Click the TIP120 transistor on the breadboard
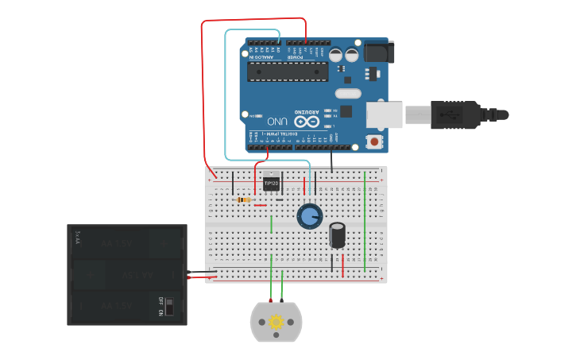pyautogui.click(x=271, y=184)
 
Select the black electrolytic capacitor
pyautogui.click(x=338, y=235)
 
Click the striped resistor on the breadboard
pyautogui.click(x=244, y=199)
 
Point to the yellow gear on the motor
pyautogui.click(x=276, y=322)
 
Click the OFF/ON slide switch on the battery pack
pyautogui.click(x=168, y=307)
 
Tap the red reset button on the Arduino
pyautogui.click(x=374, y=141)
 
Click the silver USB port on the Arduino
pyautogui.click(x=385, y=114)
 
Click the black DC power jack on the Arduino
pyautogui.click(x=379, y=52)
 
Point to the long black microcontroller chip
pyautogui.click(x=288, y=72)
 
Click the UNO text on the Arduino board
pyautogui.click(x=277, y=121)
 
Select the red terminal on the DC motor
pyautogui.click(x=270, y=301)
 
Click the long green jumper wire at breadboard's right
pyautogui.click(x=365, y=222)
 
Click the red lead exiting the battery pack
pyautogui.click(x=197, y=272)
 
